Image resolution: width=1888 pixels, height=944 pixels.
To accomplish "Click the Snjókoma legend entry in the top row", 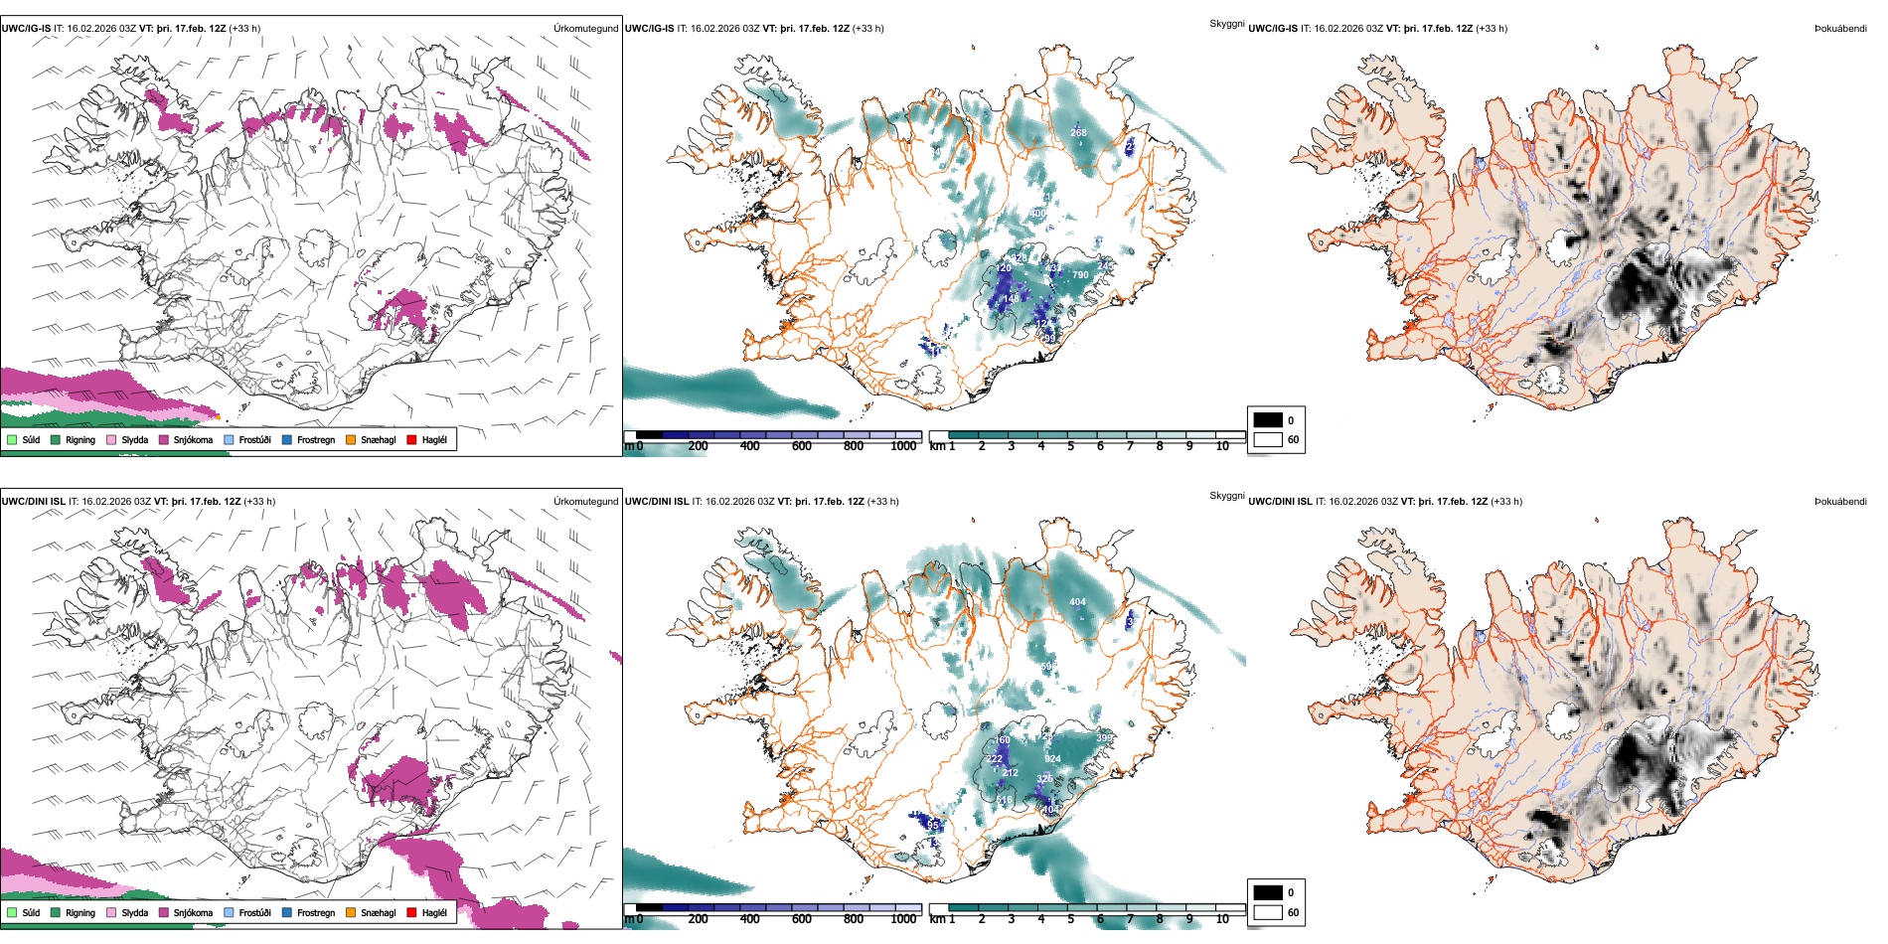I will click(193, 439).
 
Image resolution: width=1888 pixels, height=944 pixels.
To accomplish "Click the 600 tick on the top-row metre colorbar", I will click(801, 446).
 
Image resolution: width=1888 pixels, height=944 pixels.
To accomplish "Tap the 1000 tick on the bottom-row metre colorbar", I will click(903, 919).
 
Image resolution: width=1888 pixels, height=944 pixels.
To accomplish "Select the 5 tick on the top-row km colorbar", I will click(1070, 446).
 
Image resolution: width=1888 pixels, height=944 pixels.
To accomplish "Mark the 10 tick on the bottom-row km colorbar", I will click(1222, 919).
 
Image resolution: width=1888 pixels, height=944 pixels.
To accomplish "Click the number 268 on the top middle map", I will click(1078, 132).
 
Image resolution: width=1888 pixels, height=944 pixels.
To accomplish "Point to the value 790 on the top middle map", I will click(1080, 275).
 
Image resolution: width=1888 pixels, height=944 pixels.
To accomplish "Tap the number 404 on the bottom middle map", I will click(1077, 602).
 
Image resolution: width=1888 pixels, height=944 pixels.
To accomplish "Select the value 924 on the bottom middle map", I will click(1052, 759).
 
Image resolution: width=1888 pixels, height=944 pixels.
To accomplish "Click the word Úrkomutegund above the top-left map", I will click(585, 29).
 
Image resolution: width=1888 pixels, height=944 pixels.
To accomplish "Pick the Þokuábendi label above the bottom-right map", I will click(1840, 502).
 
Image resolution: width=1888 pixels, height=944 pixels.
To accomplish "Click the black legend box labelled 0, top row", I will click(1268, 420).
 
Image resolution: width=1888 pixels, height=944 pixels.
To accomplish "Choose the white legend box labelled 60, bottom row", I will click(1268, 912).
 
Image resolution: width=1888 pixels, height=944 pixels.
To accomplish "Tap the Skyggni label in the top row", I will click(1226, 23).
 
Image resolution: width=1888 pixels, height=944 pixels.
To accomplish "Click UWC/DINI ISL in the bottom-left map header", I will click(33, 502).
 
